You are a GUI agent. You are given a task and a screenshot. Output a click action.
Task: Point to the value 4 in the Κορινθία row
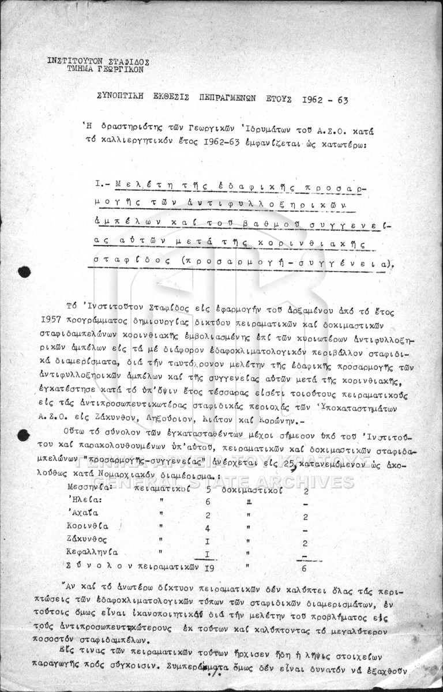[207, 529]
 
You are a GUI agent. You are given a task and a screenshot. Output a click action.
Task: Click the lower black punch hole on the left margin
[22, 435]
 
